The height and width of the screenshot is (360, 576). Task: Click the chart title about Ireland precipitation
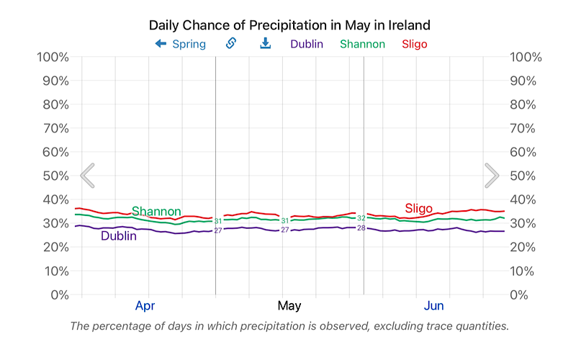[289, 25]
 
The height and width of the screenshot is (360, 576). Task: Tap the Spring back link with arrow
[180, 44]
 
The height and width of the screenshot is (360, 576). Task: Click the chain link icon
[231, 44]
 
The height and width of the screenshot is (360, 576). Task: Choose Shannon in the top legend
[362, 44]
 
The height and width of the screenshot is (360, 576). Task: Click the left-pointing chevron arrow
[87, 175]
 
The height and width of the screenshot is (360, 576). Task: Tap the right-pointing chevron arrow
[492, 175]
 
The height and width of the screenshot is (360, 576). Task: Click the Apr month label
[145, 306]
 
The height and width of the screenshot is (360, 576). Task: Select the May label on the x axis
[289, 306]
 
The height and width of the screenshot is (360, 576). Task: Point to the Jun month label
[433, 306]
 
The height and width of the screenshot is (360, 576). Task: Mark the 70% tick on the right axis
[525, 128]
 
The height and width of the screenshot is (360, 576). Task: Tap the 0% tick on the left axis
[58, 294]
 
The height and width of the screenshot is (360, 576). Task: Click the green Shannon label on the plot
[156, 212]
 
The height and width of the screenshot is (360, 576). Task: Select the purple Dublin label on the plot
[119, 235]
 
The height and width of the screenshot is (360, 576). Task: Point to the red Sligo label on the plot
[418, 209]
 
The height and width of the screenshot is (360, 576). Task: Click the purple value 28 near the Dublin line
[361, 228]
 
